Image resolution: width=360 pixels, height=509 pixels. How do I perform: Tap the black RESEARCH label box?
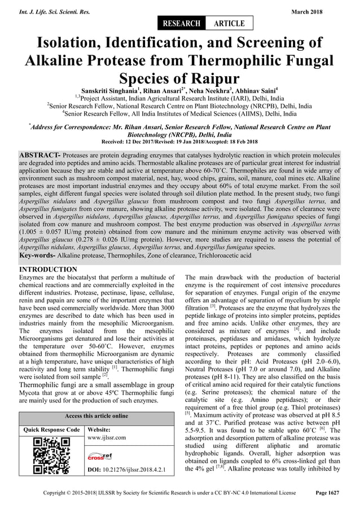click(182, 23)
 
